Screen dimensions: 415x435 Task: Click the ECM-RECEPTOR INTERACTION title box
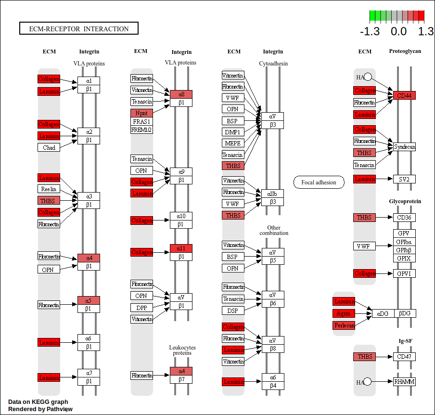pos(79,29)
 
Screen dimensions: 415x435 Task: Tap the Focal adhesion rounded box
pos(319,182)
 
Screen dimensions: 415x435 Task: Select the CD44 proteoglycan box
pos(404,95)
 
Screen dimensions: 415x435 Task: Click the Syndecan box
pos(404,146)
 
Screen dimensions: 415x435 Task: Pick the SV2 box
pos(404,179)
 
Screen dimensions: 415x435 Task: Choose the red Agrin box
pos(344,313)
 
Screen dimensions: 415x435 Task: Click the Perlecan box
pos(344,325)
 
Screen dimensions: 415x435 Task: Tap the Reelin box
pos(49,189)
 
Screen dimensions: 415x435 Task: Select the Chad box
pos(49,147)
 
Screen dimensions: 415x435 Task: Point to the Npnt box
pos(141,113)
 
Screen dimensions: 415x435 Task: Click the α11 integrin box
pos(181,248)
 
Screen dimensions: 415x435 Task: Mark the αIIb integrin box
pos(273,194)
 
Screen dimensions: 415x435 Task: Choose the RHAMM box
pos(404,382)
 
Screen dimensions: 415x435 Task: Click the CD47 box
pos(404,357)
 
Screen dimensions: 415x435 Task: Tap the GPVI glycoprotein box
pos(404,273)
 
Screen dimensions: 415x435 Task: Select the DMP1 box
pos(233,132)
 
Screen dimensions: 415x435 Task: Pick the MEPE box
pos(233,143)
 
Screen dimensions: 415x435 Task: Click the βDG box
pos(405,313)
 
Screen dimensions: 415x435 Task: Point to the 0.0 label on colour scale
pos(398,32)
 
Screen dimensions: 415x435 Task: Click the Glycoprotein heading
pos(405,201)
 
